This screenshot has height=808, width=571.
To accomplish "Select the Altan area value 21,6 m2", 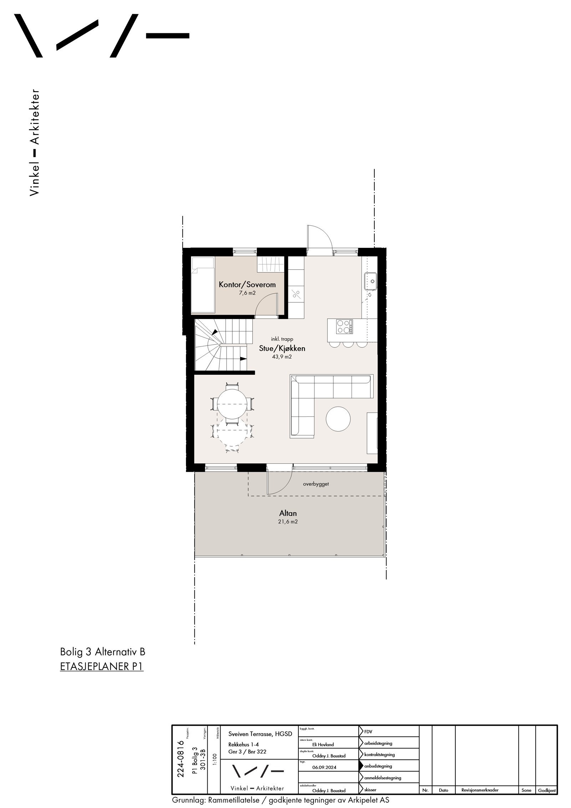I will pyautogui.click(x=288, y=522).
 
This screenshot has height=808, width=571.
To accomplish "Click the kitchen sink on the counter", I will pyautogui.click(x=370, y=280).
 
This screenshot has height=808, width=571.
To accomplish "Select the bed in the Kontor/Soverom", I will pyautogui.click(x=203, y=285).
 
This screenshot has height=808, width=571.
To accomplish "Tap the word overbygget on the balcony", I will pyautogui.click(x=316, y=484).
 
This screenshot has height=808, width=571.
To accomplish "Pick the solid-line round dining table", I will pyautogui.click(x=232, y=403).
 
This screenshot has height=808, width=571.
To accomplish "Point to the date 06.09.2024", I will pyautogui.click(x=324, y=767).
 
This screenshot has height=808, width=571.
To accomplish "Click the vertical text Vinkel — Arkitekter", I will pyautogui.click(x=34, y=142).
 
